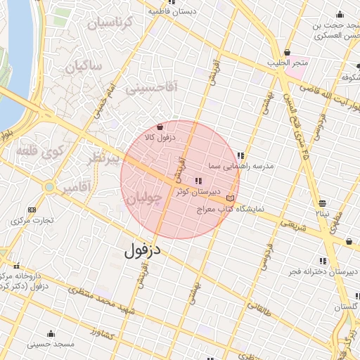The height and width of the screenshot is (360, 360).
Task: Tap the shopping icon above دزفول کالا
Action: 161,127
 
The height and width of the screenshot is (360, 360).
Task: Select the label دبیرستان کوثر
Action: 198,191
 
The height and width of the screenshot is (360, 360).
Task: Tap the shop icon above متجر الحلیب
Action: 287,53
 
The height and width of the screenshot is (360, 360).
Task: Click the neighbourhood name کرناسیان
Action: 109,23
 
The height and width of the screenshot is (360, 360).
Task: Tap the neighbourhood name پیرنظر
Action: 103,158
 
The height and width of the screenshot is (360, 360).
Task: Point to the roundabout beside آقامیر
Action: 49,187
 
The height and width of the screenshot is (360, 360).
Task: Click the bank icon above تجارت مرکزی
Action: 32,210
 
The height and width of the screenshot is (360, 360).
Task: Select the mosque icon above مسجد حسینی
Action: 51,333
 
